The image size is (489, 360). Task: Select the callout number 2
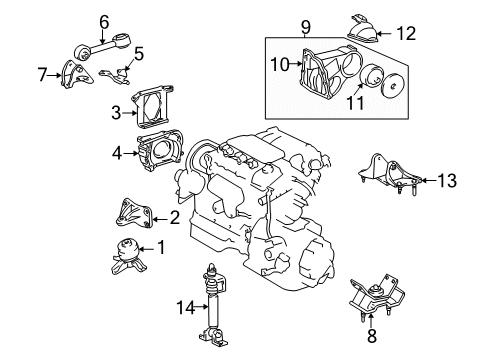176,215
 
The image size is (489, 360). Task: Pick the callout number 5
140,54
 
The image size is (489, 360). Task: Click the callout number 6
104,18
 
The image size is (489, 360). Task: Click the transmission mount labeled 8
373,298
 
